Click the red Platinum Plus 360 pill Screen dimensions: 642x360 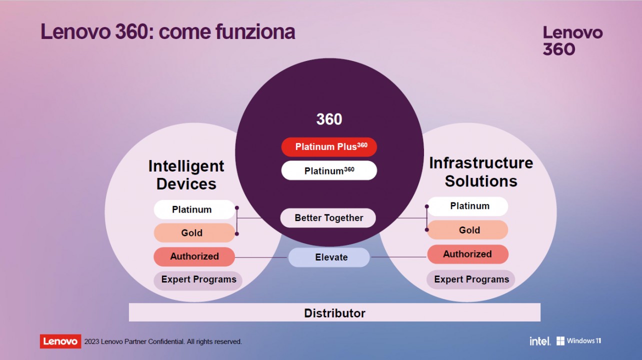329,147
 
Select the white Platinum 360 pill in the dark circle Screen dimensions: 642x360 329,170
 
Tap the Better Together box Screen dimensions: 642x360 328,218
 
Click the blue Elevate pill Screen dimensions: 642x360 329,257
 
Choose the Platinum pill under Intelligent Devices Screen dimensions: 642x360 194,209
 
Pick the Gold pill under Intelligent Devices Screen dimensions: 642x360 194,232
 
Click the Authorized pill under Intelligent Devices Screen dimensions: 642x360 194,256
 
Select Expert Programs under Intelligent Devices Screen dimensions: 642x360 198,280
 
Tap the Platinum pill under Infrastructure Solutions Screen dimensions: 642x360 467,206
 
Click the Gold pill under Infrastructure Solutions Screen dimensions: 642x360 467,230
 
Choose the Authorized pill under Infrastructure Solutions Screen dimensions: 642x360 467,254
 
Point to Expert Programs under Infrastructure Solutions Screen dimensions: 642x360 470,279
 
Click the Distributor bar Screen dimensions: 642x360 335,312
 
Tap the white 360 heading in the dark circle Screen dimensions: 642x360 329,119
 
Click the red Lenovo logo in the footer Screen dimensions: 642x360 60,341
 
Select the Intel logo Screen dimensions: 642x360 540,341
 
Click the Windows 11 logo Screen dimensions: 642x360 579,341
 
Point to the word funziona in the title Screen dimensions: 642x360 255,31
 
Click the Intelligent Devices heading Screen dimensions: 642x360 186,175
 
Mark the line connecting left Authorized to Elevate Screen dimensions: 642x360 261,257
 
